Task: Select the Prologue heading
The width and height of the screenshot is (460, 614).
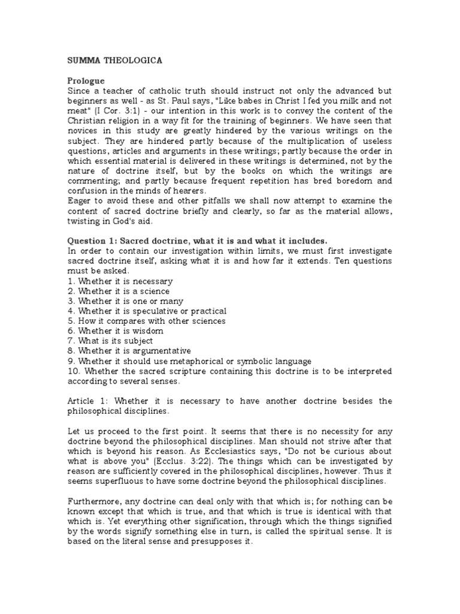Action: (85, 80)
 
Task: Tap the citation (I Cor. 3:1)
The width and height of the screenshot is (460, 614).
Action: (116, 111)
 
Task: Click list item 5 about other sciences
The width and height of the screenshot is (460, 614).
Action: (146, 321)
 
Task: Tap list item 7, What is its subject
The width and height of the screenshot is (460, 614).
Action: (110, 341)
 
